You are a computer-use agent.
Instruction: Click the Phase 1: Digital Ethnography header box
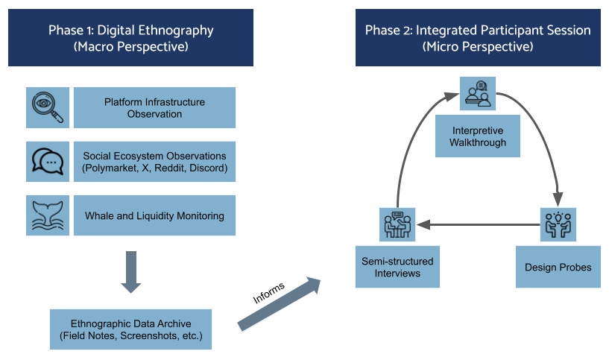click(x=130, y=38)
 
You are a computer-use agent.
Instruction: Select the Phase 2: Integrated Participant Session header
click(x=477, y=38)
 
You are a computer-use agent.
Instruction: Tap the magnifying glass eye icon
click(x=48, y=107)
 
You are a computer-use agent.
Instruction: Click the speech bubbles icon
click(x=48, y=161)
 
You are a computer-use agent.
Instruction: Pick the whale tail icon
click(x=48, y=215)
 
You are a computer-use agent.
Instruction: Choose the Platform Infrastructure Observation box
click(x=154, y=107)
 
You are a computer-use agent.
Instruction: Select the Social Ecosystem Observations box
click(x=154, y=161)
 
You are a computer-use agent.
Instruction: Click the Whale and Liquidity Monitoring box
click(x=154, y=215)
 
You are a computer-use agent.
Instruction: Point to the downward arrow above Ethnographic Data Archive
click(x=131, y=272)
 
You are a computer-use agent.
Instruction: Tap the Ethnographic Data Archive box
click(x=131, y=329)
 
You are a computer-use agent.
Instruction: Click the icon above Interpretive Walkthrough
click(x=479, y=95)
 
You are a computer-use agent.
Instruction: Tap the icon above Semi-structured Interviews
click(x=397, y=224)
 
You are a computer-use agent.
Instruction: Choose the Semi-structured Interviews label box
click(x=397, y=267)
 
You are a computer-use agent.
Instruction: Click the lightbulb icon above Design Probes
click(x=558, y=224)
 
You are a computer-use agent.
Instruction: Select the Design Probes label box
click(x=558, y=267)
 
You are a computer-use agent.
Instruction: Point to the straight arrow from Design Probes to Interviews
click(x=477, y=223)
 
